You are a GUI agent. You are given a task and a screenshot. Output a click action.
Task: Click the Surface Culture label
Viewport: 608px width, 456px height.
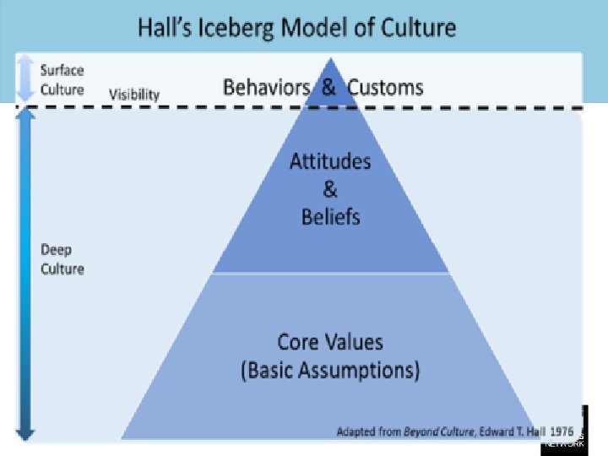tap(62, 80)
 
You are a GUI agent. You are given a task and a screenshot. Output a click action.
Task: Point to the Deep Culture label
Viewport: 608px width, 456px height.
tap(62, 259)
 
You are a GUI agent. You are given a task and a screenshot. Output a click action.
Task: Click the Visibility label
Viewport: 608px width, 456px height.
tap(134, 95)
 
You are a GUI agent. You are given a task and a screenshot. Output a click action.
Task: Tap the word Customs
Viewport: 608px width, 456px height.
tap(385, 87)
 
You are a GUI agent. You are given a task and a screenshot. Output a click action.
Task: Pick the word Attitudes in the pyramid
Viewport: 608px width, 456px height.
tap(330, 160)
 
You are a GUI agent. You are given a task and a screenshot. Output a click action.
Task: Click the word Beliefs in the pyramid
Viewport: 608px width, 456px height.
tap(330, 216)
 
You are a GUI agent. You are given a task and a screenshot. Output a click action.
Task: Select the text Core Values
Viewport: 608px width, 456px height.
tap(330, 342)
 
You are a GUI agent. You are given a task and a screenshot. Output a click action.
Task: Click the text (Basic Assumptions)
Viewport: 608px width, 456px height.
tap(330, 370)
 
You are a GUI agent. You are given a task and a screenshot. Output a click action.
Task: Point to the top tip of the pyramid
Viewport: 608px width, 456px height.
tap(331, 59)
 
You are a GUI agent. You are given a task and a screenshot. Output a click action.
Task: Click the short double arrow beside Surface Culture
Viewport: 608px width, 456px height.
tap(26, 79)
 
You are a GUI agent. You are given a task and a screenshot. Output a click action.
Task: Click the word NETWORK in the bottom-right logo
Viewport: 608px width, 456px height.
tap(564, 443)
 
